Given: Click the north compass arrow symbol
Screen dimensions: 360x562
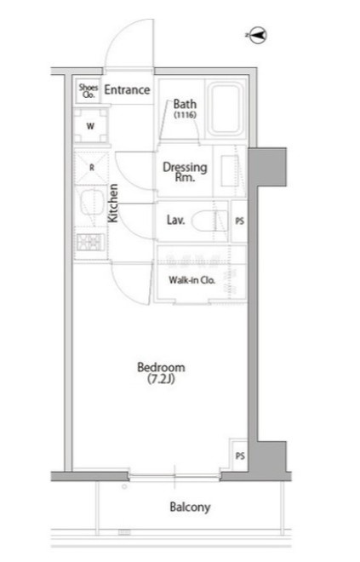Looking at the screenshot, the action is click(256, 36).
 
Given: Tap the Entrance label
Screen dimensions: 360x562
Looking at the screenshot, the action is click(127, 89).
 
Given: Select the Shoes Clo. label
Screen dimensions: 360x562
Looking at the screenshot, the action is click(89, 91).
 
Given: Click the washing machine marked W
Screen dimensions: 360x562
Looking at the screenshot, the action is click(90, 126).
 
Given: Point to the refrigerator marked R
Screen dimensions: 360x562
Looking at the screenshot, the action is click(91, 168).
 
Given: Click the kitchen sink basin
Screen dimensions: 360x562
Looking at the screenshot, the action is click(91, 203).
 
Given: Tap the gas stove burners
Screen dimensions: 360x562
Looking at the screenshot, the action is click(90, 243).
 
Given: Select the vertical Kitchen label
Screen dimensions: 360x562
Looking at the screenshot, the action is click(113, 203).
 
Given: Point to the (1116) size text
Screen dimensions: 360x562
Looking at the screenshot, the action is click(186, 115).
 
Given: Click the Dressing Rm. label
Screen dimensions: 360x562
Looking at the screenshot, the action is click(185, 172).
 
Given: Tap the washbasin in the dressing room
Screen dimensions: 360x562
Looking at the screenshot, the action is click(230, 170).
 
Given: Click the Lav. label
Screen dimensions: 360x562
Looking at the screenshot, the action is click(176, 220).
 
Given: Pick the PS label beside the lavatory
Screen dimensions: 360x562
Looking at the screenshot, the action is click(240, 221).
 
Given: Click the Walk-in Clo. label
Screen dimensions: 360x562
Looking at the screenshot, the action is click(191, 280).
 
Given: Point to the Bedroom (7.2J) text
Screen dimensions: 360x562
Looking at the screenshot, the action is click(161, 373).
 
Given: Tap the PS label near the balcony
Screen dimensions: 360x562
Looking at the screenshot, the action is click(240, 456).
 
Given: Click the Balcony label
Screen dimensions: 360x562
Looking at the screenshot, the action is click(190, 508).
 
